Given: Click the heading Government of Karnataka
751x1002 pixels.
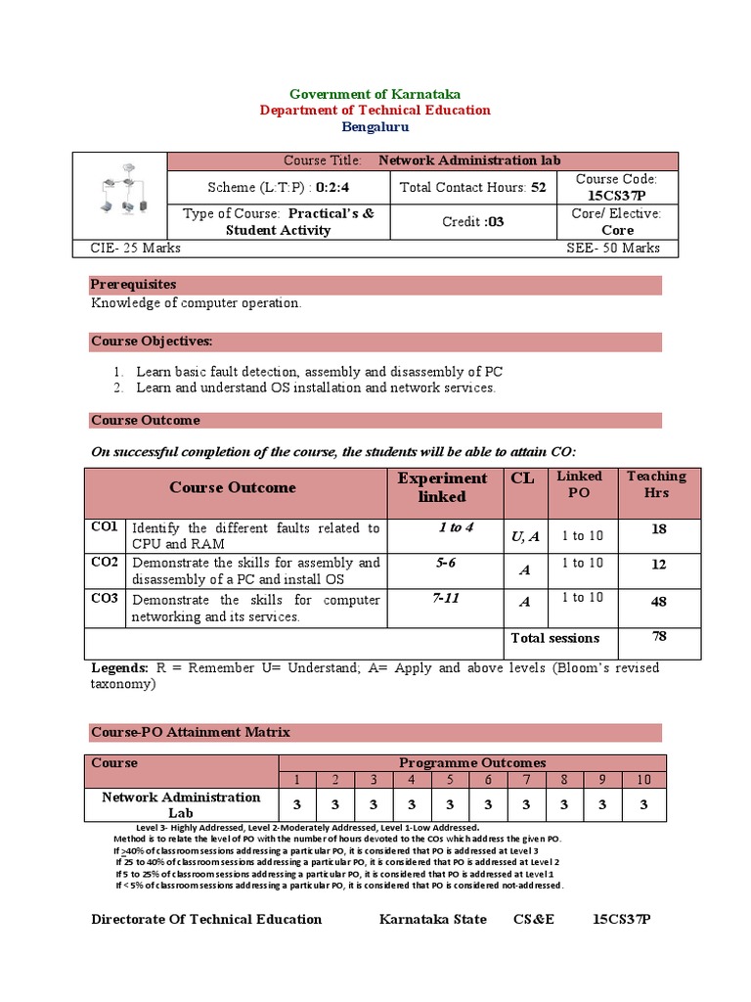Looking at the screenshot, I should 375,93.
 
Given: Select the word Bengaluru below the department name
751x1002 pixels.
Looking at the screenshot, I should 375,127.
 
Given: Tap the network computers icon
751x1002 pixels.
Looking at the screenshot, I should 121,196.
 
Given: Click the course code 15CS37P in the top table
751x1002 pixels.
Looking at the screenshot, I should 616,195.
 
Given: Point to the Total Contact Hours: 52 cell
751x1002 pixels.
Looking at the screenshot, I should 471,187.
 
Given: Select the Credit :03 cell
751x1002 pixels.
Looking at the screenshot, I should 472,222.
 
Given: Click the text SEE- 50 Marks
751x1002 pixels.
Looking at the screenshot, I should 613,249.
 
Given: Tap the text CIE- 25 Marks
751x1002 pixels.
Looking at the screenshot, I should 129,249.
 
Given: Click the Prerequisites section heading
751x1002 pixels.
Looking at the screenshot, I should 134,285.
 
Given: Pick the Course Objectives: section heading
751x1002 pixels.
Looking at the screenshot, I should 152,342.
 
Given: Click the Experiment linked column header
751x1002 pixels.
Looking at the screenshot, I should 442,487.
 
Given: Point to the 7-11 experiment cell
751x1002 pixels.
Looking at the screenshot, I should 446,598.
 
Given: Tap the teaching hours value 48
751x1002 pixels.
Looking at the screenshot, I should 658,602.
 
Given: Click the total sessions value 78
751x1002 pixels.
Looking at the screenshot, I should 658,637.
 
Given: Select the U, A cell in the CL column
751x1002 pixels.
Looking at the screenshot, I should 524,535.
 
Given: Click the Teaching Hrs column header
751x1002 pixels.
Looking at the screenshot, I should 656,484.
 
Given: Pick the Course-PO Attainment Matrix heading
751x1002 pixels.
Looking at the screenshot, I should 190,732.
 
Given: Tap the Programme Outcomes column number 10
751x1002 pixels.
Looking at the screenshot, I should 643,779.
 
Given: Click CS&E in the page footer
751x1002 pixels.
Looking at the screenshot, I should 534,919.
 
